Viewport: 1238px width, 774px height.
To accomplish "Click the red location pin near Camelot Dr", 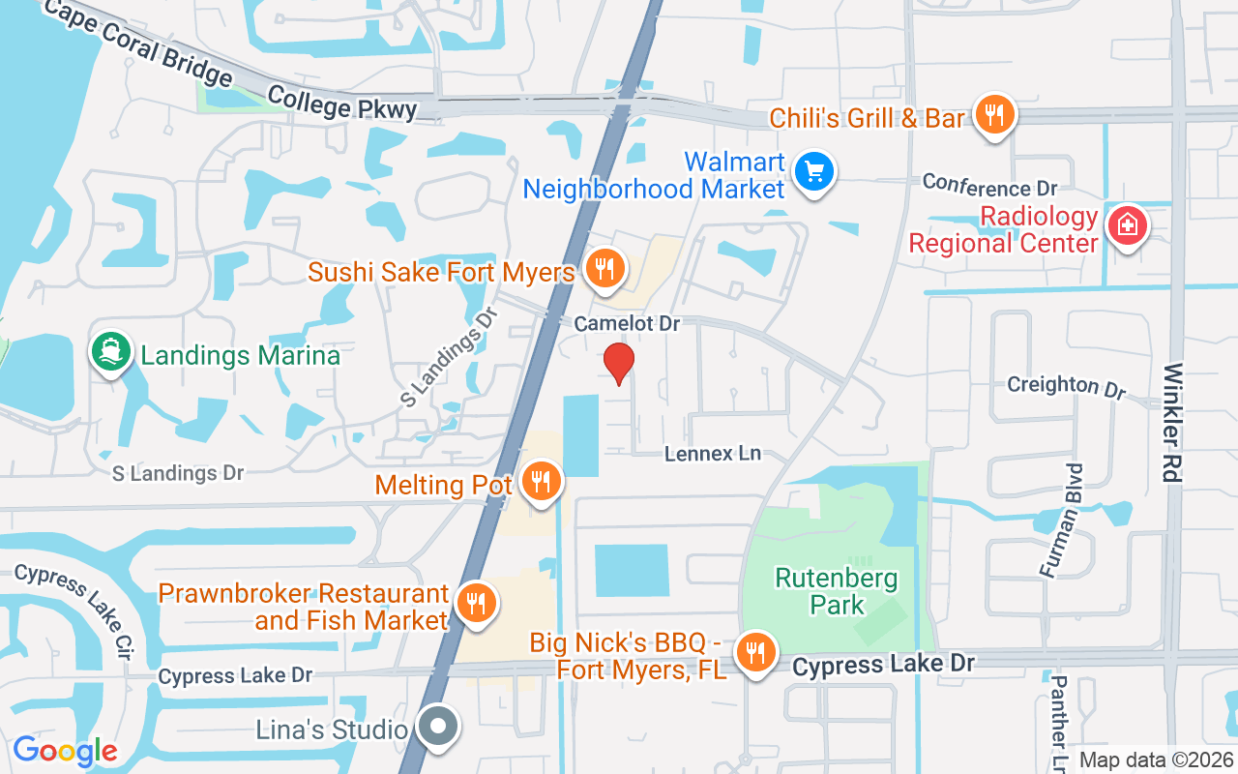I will pyautogui.click(x=619, y=362).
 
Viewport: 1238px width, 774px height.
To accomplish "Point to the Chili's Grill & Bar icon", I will pyautogui.click(x=993, y=115).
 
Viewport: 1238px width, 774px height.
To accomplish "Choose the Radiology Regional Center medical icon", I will pyautogui.click(x=1127, y=227).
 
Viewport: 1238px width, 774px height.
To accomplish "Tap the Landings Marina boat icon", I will pyautogui.click(x=111, y=351).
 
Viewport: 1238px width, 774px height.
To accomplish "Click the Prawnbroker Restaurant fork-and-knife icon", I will pyautogui.click(x=474, y=602).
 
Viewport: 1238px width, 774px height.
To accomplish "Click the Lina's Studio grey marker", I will pyautogui.click(x=438, y=726).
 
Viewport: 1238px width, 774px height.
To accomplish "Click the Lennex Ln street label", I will pyautogui.click(x=713, y=453).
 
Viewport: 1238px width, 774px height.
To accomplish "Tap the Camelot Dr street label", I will pyautogui.click(x=627, y=324).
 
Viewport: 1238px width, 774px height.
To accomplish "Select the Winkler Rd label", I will pyautogui.click(x=1174, y=423).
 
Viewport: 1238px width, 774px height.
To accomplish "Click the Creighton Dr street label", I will pyautogui.click(x=1067, y=386).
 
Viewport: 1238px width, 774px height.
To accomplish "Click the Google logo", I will pyautogui.click(x=65, y=751).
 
